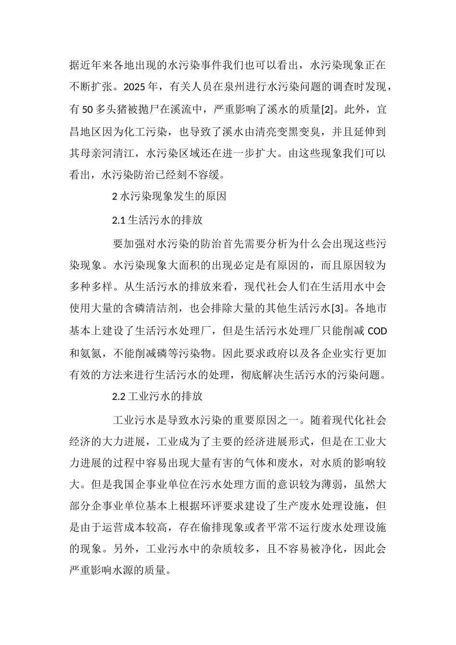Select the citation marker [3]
337,309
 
